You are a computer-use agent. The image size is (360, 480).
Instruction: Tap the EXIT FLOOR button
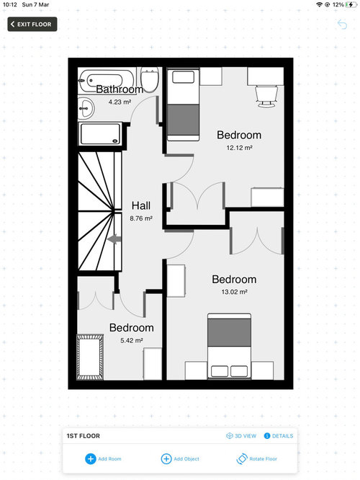click(32, 25)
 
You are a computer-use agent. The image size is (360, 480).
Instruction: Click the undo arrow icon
click(342, 25)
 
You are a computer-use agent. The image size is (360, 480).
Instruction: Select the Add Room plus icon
click(90, 458)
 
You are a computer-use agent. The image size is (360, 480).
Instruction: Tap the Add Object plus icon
click(166, 458)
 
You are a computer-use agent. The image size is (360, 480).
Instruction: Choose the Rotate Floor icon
click(242, 458)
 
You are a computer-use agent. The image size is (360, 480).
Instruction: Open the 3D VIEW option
click(241, 435)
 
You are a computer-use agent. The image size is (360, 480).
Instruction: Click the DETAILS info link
click(279, 435)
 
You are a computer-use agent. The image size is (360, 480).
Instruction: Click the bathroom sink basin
click(86, 108)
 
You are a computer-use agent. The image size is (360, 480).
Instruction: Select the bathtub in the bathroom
click(106, 80)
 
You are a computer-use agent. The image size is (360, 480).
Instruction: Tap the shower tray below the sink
click(100, 134)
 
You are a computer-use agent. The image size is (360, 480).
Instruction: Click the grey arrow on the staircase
click(114, 239)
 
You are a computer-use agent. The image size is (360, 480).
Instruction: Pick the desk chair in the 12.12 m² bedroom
click(266, 97)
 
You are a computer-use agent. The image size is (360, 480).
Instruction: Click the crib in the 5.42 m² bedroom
click(89, 357)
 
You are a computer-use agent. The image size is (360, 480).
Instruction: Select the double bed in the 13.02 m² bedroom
click(230, 346)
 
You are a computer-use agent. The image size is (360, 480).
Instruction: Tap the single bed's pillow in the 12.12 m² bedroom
click(183, 77)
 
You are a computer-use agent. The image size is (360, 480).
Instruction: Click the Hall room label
click(141, 205)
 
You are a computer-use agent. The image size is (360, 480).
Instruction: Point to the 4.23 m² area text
click(120, 102)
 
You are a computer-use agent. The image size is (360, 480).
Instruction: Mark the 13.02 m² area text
click(234, 292)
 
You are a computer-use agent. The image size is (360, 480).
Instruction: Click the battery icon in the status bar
click(351, 4)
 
